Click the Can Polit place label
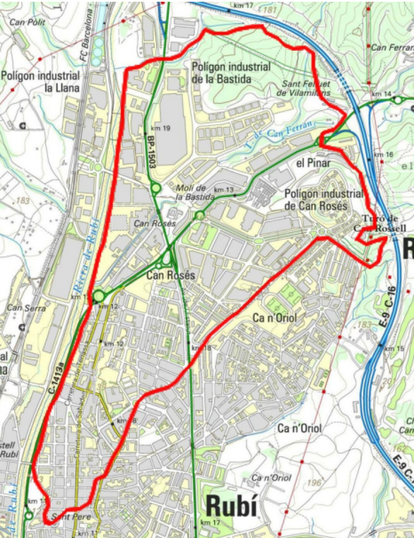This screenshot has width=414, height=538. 27,22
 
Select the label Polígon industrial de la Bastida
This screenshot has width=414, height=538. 231,72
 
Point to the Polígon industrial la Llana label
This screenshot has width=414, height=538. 40,81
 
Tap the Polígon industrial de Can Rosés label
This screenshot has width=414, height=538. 324,199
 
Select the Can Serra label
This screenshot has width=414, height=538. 21,308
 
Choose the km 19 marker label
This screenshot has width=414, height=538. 162,129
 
